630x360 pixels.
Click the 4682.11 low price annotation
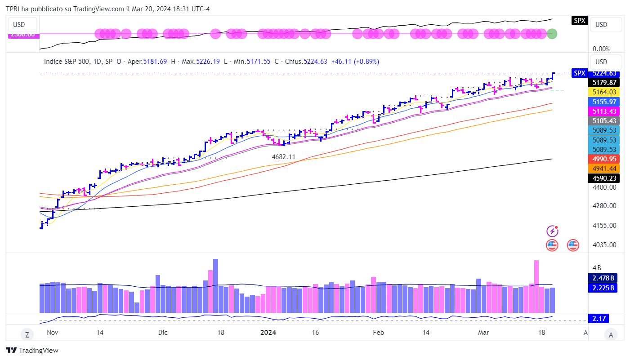tap(284, 156)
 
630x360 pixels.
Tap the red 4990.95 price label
tap(603, 159)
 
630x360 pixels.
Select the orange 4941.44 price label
tap(603, 169)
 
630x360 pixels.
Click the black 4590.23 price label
tap(603, 178)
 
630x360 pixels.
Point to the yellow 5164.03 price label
tap(603, 92)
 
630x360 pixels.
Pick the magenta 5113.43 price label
tap(603, 111)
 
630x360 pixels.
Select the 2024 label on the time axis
tap(268, 333)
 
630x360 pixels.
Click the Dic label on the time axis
tap(163, 333)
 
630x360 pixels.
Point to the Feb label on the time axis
tap(378, 333)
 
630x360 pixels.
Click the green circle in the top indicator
tap(552, 34)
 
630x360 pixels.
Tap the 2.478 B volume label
tap(603, 278)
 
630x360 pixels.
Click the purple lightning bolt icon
tap(552, 231)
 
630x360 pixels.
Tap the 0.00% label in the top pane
tap(600, 49)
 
